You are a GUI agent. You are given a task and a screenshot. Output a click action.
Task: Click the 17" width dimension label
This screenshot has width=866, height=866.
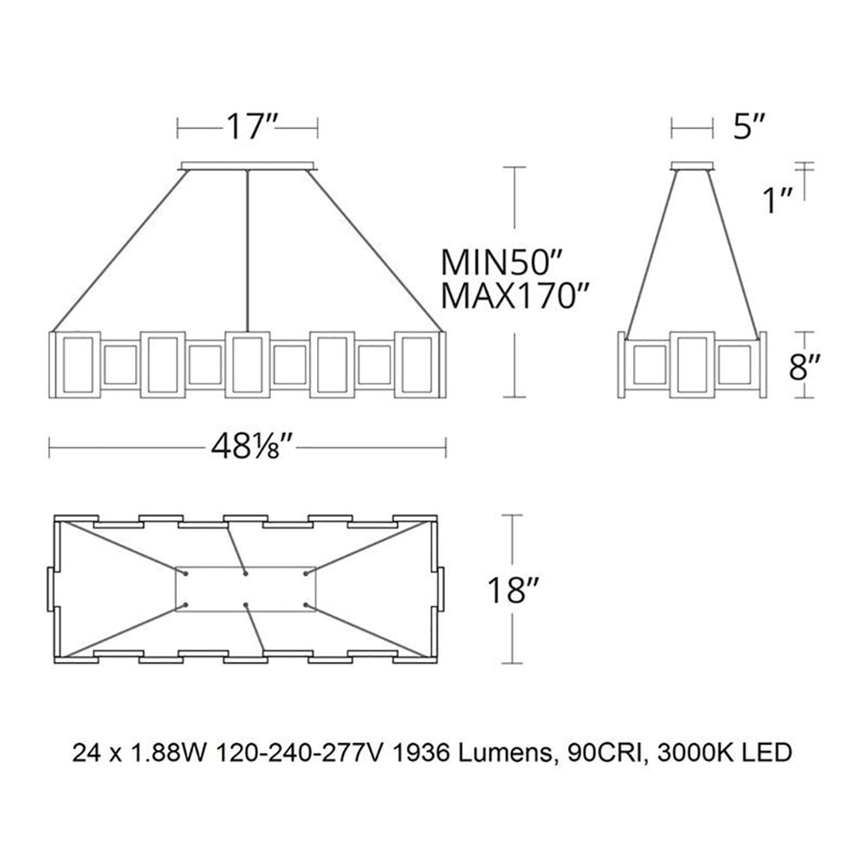point(250,127)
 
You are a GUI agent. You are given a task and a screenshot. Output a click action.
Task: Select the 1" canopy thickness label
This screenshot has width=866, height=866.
point(777,200)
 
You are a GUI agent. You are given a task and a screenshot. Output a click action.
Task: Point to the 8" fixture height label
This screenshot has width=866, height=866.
point(805,366)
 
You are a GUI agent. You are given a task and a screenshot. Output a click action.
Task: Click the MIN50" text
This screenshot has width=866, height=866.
point(502,261)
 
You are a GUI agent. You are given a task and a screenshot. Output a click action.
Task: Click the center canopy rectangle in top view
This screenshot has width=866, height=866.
point(246,588)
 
